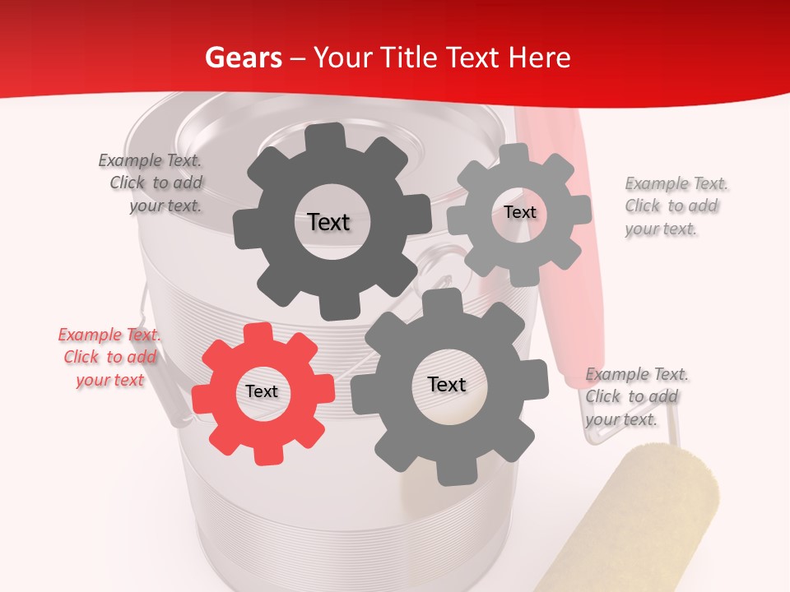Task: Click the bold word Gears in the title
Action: pyautogui.click(x=243, y=58)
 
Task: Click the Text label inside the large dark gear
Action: pyautogui.click(x=328, y=222)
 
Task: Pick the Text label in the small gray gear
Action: pyautogui.click(x=519, y=212)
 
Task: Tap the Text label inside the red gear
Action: pyautogui.click(x=262, y=392)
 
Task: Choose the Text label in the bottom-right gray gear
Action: pyautogui.click(x=447, y=384)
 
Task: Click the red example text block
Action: pyautogui.click(x=109, y=357)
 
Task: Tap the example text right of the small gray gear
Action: pyautogui.click(x=676, y=206)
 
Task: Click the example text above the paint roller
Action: pyautogui.click(x=636, y=396)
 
